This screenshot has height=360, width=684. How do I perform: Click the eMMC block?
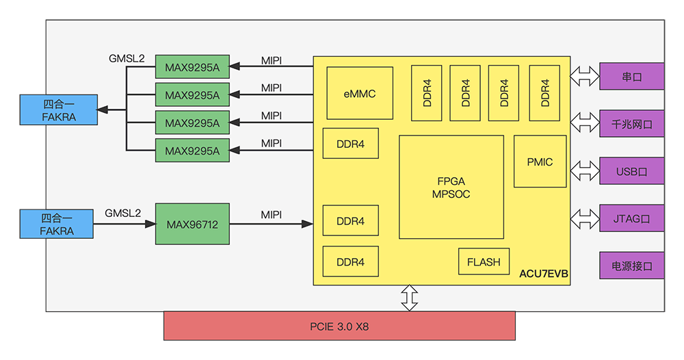click(x=360, y=94)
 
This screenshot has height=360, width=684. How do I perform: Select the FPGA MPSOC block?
click(x=451, y=187)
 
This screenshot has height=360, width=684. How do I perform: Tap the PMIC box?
click(x=540, y=162)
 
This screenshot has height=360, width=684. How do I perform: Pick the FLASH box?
click(x=484, y=261)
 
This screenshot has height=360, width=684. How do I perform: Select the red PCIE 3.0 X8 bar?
click(x=339, y=326)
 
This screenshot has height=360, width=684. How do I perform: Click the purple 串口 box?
click(x=631, y=77)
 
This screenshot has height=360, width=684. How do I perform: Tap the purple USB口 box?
click(x=631, y=170)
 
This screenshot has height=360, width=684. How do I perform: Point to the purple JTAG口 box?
click(x=631, y=218)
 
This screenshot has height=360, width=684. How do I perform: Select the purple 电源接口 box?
click(x=631, y=265)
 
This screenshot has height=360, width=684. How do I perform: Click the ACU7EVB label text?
click(x=544, y=274)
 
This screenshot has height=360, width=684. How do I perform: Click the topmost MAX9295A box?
click(x=192, y=66)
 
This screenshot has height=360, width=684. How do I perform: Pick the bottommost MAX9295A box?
click(x=192, y=150)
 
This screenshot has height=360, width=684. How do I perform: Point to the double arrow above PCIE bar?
click(x=409, y=298)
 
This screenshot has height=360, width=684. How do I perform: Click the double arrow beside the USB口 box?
click(x=583, y=170)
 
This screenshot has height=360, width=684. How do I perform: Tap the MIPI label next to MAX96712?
click(x=271, y=215)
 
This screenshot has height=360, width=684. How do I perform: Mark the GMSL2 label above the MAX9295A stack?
click(x=127, y=58)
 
